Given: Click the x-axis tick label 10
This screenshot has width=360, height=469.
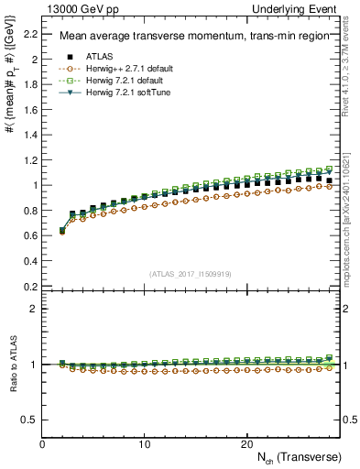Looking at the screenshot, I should click(145, 443).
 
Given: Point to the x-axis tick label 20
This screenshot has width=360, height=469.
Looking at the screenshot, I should click(246, 443).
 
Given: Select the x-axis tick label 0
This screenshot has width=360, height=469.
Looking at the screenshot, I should click(43, 443).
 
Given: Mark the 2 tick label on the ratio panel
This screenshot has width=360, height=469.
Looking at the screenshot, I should click(36, 309).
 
